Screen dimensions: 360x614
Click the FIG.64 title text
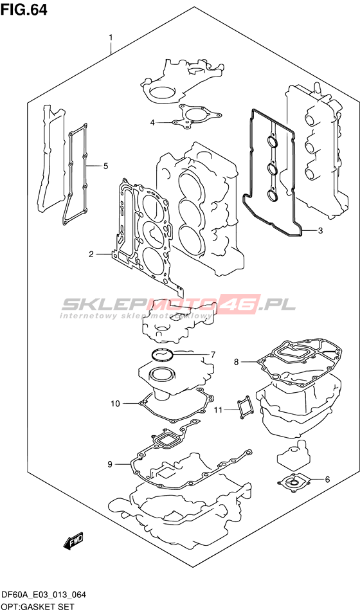point(24,10)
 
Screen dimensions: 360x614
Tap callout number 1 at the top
point(111,38)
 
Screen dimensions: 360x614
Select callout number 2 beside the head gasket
point(91,255)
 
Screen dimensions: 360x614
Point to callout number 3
point(320,231)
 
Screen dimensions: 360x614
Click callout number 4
point(152,123)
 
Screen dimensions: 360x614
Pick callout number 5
point(105,166)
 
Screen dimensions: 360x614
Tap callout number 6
point(327,479)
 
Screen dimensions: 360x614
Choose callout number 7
point(213,355)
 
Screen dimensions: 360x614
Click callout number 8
point(236,362)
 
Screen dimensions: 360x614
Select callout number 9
point(110,464)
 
